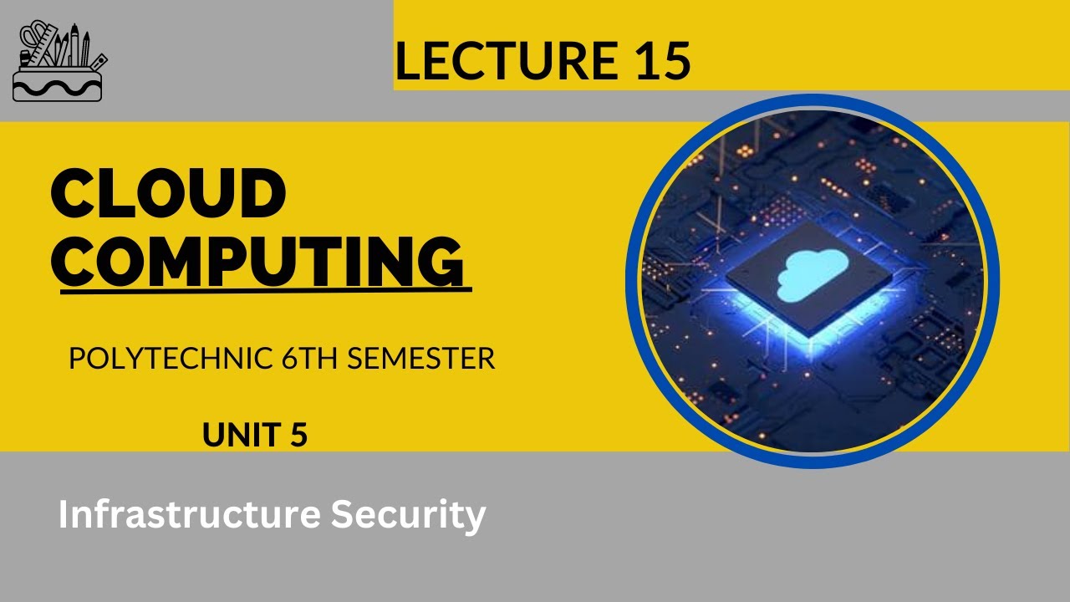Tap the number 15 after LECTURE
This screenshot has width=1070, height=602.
[x=660, y=60]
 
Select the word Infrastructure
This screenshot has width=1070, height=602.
[x=189, y=515]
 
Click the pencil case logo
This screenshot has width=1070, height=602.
[x=59, y=62]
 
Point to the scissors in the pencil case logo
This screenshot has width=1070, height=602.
[x=33, y=42]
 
